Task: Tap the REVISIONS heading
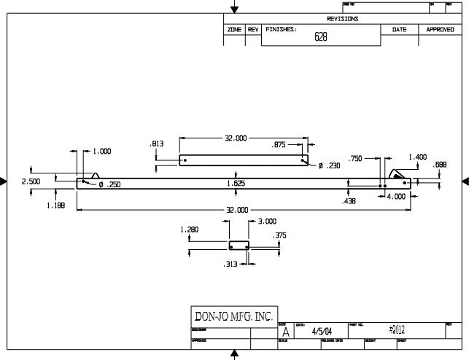342,18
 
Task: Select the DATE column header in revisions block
400,29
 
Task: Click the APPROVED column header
440,29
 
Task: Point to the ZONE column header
234,29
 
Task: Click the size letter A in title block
285,332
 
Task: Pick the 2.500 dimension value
31,181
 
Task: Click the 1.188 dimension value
56,206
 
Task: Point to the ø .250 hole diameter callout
109,185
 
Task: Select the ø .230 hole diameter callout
329,165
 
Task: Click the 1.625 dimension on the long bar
236,184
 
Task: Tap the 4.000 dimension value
396,196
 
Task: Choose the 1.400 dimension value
417,157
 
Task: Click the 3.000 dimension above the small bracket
268,220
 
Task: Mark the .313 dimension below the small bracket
230,265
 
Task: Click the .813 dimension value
156,144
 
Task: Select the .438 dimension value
349,200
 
